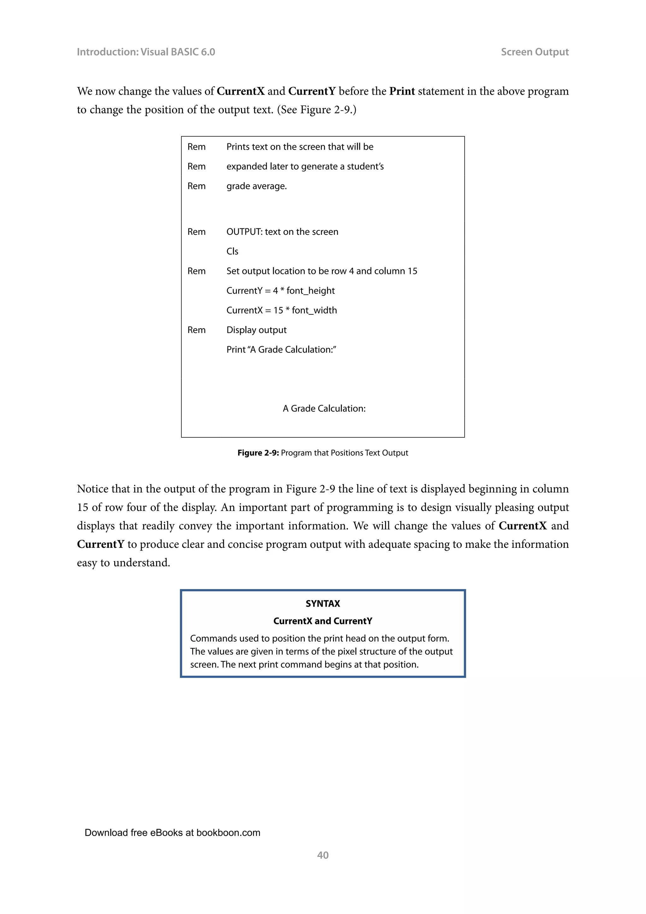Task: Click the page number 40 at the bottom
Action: [323, 855]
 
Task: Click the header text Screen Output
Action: [534, 52]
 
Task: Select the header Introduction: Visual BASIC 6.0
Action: [146, 52]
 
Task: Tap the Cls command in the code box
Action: [232, 252]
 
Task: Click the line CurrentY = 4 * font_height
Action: [280, 291]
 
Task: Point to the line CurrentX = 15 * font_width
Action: [281, 311]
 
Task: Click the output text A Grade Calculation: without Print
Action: [324, 408]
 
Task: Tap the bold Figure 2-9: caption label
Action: [258, 453]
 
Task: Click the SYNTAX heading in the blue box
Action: [323, 603]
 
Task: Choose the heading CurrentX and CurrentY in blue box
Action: [323, 621]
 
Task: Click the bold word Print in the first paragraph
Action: [402, 91]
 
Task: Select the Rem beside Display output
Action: [197, 330]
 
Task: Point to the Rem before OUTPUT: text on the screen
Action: [197, 232]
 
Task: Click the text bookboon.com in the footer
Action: [228, 833]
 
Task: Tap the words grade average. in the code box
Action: [256, 186]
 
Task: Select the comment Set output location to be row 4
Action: [321, 271]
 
